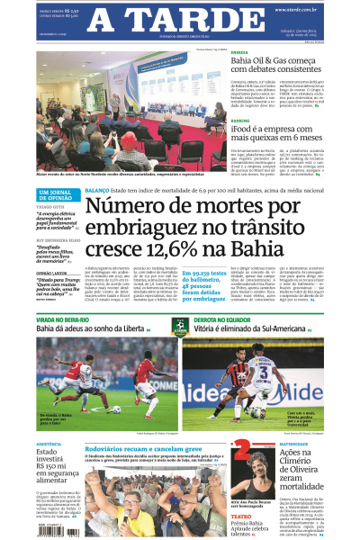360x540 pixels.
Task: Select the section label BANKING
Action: coord(240,120)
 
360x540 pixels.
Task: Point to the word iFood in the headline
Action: coord(242,130)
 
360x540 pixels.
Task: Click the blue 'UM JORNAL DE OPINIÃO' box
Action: coord(58,195)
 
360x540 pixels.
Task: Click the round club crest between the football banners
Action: coord(181,327)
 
